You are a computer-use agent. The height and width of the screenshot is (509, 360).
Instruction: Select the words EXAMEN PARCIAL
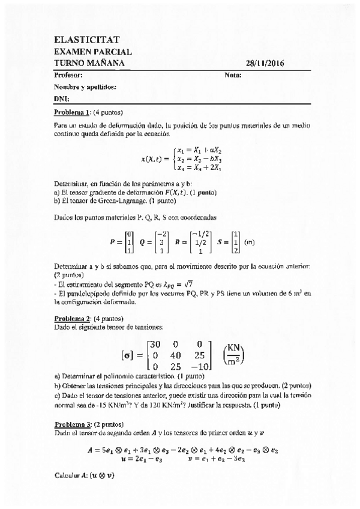point(92,52)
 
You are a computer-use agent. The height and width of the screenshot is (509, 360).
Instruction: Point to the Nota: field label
point(232,76)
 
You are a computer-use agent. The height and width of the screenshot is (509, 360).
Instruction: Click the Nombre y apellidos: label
point(85,87)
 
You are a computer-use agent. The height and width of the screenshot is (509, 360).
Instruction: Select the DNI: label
point(61,98)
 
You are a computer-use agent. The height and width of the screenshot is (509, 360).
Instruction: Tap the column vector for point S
point(236,242)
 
